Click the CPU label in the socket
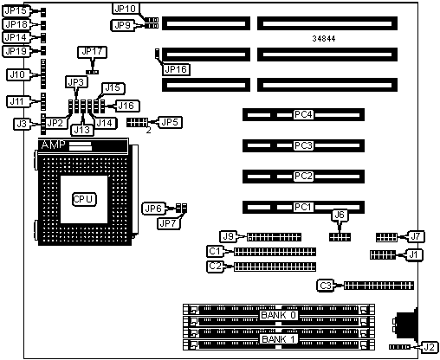click(x=84, y=199)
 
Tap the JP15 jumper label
click(x=16, y=11)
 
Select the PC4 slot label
click(x=303, y=115)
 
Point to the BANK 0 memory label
click(x=278, y=315)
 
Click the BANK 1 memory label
click(x=278, y=339)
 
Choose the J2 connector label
click(x=430, y=347)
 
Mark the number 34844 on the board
click(x=324, y=38)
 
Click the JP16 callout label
click(x=176, y=69)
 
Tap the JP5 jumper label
click(x=170, y=122)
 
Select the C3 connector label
click(x=326, y=286)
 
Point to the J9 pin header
click(x=274, y=237)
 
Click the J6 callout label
click(x=340, y=215)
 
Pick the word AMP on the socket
click(x=53, y=145)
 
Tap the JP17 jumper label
click(x=92, y=52)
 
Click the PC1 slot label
click(x=303, y=207)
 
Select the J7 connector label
click(x=416, y=236)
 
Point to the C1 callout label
click(x=215, y=251)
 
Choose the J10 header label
click(x=17, y=75)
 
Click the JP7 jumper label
click(x=168, y=223)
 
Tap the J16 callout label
click(x=126, y=106)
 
